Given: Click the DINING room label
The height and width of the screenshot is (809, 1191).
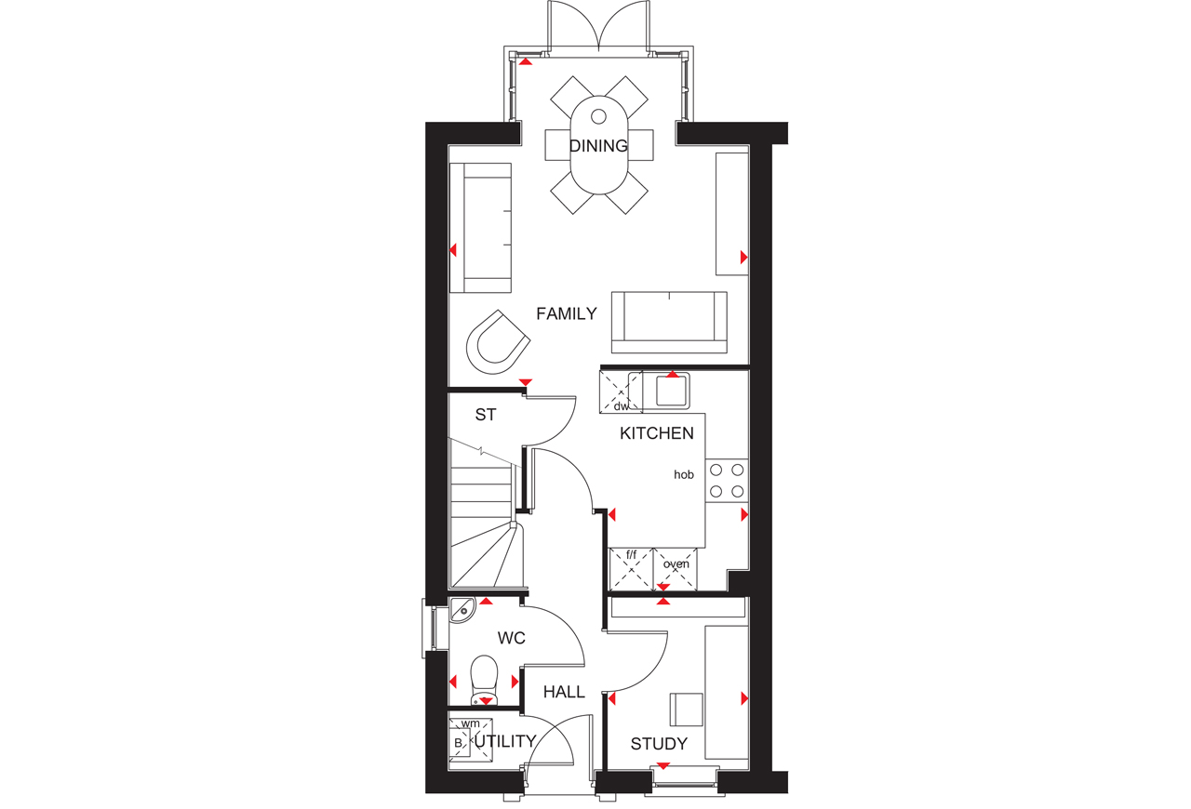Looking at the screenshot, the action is tap(598, 146).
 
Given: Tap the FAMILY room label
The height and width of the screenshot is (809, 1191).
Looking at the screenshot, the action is tap(567, 313).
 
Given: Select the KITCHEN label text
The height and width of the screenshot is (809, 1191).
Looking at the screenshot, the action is tap(657, 433).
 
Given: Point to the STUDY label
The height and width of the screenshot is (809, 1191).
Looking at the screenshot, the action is tap(659, 744).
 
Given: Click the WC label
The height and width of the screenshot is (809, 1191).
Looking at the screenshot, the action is tap(512, 637).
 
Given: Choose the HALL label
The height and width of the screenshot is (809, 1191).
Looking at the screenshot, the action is tap(564, 692).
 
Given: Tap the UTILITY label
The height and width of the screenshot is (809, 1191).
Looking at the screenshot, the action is tap(505, 741).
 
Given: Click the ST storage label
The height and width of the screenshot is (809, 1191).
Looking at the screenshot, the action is tap(486, 415).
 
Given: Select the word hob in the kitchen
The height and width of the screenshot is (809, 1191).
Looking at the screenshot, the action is tap(684, 474).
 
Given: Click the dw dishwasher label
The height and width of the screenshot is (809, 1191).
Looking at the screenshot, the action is tap(621, 406).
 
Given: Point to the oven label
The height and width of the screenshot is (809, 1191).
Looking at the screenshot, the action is tap(676, 564).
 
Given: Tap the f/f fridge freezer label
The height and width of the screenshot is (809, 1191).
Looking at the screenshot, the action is tap(631, 555).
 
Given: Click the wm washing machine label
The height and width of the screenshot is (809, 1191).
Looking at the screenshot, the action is tap(471, 723).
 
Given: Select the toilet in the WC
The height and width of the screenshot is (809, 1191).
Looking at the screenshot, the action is tap(485, 681).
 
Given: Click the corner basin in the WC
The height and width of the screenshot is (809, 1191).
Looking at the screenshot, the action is tap(462, 610).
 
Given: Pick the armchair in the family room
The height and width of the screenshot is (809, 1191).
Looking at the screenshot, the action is tap(498, 342).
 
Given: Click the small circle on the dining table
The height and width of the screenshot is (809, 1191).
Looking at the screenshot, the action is tap(598, 116).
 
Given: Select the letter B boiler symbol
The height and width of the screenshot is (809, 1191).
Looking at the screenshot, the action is tap(458, 744).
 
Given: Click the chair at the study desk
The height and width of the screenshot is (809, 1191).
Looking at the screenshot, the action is tap(686, 710).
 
